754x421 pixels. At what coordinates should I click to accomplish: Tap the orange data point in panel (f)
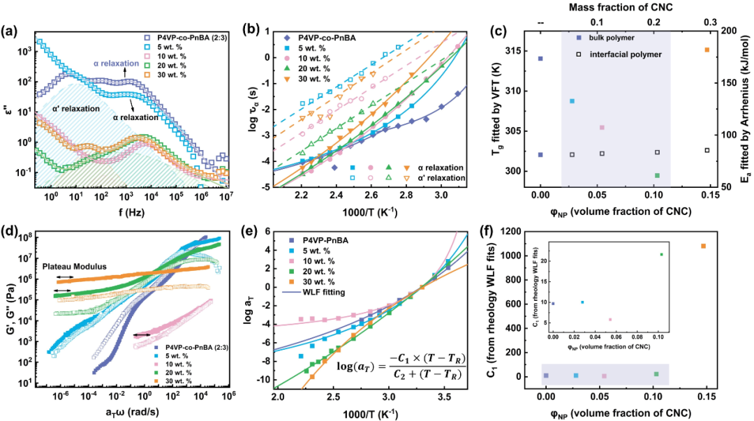704,246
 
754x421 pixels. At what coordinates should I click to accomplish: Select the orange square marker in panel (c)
707,50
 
